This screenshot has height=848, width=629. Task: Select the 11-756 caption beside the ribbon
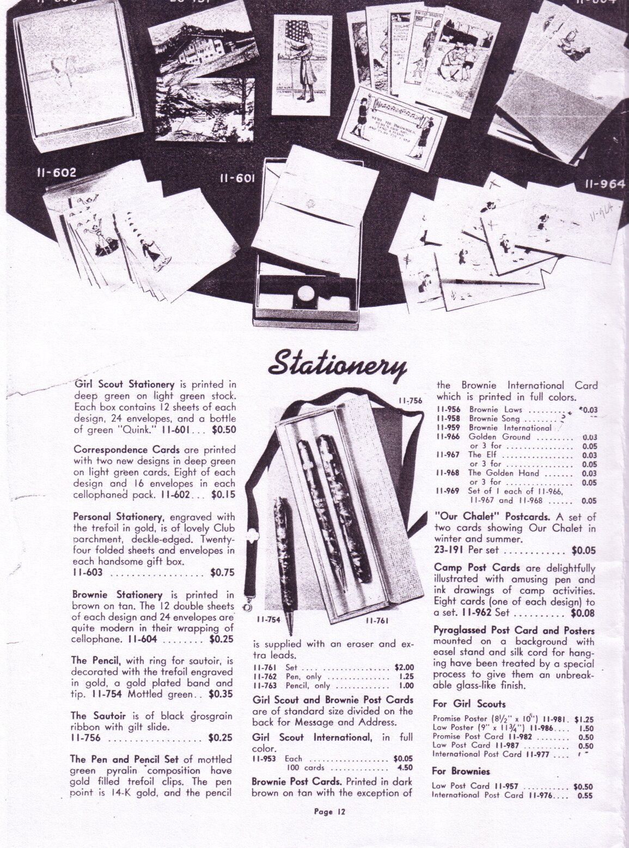(410, 401)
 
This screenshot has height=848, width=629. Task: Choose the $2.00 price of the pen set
(404, 667)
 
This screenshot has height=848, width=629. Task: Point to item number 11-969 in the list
(447, 490)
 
